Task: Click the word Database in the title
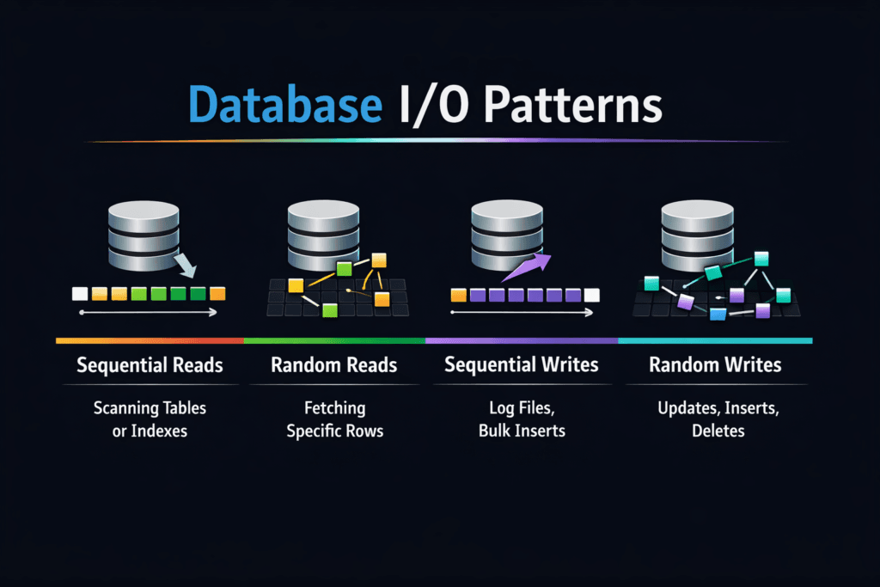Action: (284, 106)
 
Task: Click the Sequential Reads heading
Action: (150, 365)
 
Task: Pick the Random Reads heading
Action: (333, 365)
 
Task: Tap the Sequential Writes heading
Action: (521, 365)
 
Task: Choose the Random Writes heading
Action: (715, 365)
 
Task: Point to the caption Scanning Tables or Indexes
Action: (150, 419)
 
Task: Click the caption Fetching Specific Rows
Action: (333, 419)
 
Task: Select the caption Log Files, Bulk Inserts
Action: (521, 419)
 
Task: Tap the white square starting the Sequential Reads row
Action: (80, 294)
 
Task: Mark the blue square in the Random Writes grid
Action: (718, 315)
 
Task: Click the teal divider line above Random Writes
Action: (715, 341)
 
